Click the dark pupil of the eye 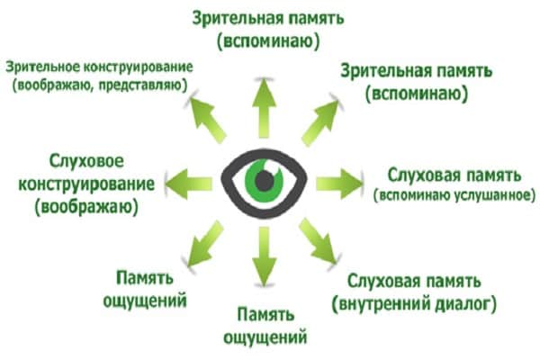coord(264,180)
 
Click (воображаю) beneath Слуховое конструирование coord(81,208)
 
